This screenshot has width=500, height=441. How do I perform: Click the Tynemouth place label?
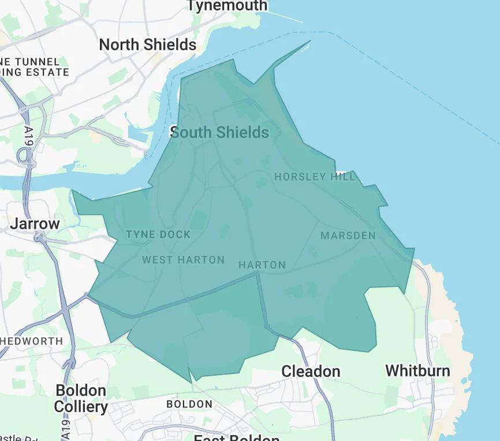point(227,6)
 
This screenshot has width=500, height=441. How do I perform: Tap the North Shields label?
point(148,44)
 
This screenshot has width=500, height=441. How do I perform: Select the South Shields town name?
point(220,132)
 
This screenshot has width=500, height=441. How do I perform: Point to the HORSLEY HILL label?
point(315,177)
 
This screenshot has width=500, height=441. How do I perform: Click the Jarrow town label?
point(35,223)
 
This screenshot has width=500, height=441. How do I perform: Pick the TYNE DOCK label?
point(158,234)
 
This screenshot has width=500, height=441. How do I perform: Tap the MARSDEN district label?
point(348,236)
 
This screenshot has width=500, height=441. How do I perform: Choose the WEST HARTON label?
point(184,260)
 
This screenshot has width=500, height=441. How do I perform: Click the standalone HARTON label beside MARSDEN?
point(262,265)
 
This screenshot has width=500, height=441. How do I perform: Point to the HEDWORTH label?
point(32,341)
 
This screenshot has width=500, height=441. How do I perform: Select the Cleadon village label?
point(311,371)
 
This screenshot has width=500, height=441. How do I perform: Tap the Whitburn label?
point(417,370)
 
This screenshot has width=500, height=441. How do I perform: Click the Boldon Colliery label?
point(81,398)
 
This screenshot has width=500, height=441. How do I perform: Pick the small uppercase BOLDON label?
point(189,404)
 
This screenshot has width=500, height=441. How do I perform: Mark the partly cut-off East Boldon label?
point(233,437)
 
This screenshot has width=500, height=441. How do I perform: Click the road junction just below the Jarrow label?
point(40,237)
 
